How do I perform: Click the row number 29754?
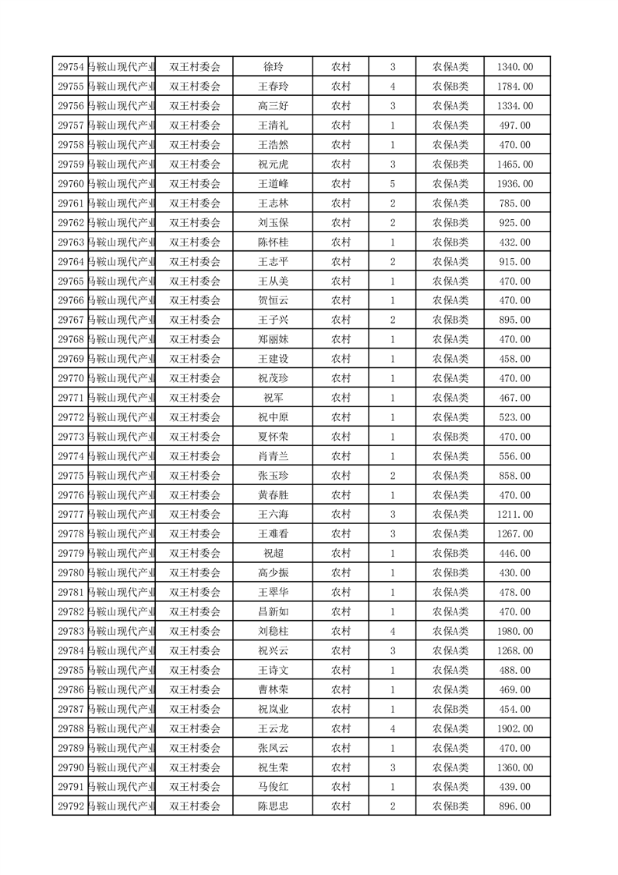click(x=71, y=67)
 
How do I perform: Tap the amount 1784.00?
click(x=514, y=87)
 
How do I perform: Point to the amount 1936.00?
click(x=514, y=184)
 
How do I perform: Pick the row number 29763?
click(x=71, y=243)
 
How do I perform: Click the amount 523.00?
click(x=514, y=417)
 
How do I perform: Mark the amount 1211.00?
click(x=514, y=515)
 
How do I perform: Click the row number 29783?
click(x=71, y=631)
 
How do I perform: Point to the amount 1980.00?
click(x=514, y=631)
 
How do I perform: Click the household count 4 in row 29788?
click(x=392, y=728)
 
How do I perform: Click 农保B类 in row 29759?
click(x=450, y=165)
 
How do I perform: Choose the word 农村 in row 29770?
click(x=341, y=378)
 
